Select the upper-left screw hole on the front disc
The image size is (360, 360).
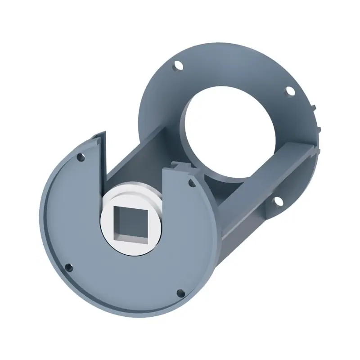(x=81, y=157)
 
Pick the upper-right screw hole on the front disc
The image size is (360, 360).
(x=192, y=183)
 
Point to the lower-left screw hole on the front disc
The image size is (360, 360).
(x=68, y=267)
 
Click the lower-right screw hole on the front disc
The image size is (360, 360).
(x=180, y=293)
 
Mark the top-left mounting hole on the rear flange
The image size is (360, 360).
(x=179, y=66)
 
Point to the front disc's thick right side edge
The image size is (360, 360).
(x=214, y=238)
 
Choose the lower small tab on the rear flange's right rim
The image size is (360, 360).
(x=319, y=130)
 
